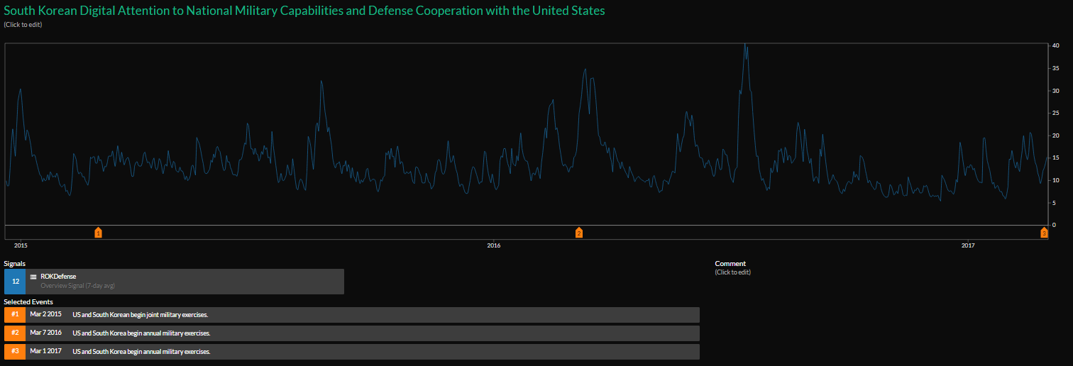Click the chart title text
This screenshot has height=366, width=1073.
(304, 11)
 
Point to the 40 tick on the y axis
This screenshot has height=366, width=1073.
(1056, 46)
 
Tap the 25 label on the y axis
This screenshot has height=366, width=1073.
(1056, 113)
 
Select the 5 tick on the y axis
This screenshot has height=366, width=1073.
(1056, 203)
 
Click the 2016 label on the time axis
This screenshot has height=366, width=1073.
(494, 245)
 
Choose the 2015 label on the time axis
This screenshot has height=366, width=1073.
(20, 245)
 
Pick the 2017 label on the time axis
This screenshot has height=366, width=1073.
(968, 245)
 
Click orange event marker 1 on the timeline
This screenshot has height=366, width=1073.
(98, 233)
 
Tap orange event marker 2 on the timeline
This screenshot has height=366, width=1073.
(579, 233)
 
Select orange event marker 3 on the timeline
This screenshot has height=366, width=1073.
(1044, 233)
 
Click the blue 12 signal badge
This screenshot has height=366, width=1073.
(15, 282)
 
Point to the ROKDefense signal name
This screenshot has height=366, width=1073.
(58, 277)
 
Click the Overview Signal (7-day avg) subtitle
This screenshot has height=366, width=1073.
(78, 286)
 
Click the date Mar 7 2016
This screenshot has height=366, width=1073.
(45, 333)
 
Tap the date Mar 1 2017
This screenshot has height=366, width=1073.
(45, 352)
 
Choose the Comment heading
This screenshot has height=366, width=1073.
(730, 264)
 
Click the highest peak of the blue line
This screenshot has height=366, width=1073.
(744, 45)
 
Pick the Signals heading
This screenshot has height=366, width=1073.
(15, 264)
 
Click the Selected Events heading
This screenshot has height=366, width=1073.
(28, 302)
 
